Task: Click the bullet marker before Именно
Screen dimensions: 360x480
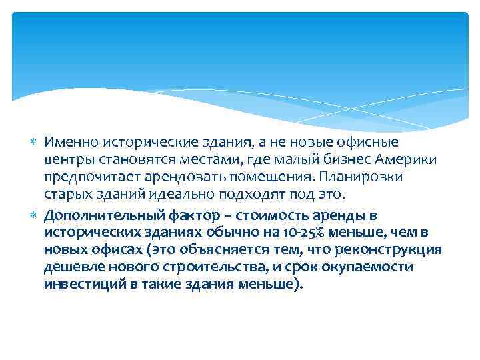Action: pyautogui.click(x=35, y=142)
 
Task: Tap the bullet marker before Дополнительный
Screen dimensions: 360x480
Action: pyautogui.click(x=35, y=214)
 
